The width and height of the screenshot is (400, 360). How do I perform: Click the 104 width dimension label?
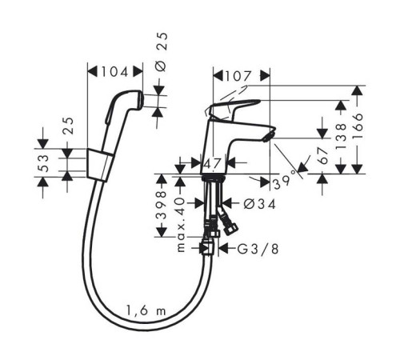tap(114, 72)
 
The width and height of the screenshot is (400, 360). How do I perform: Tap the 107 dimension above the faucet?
tap(238, 76)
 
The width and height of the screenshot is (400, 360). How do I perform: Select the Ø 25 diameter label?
tap(162, 52)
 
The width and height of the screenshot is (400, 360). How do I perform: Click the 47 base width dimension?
tap(213, 163)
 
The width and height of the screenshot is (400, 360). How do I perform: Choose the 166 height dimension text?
tap(358, 126)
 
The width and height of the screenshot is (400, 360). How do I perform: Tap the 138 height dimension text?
tap(341, 136)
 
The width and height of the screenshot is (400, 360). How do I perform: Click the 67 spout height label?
tap(323, 155)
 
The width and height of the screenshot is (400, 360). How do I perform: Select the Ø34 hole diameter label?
tap(259, 204)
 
